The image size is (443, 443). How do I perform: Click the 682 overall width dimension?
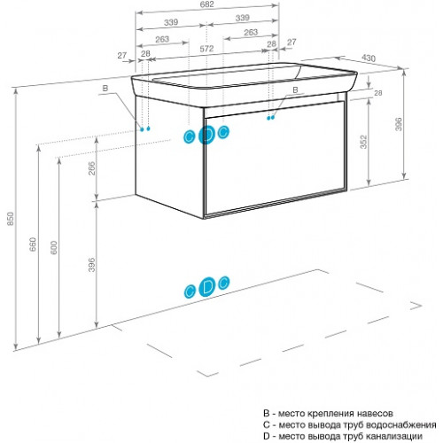[206, 4]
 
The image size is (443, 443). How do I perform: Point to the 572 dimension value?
[206, 49]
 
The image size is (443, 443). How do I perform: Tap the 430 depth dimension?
[369, 58]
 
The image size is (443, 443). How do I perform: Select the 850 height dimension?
[11, 219]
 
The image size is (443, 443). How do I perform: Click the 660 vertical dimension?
[33, 245]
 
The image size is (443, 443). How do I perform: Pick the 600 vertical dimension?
[53, 247]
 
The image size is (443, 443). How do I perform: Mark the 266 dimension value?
[92, 168]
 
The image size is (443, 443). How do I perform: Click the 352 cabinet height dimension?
[363, 142]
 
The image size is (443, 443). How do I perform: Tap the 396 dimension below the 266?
[92, 265]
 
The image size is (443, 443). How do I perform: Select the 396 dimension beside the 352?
[399, 124]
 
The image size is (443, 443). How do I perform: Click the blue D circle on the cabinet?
[206, 135]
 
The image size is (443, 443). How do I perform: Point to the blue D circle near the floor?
[206, 287]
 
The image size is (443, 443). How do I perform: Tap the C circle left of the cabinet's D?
[189, 136]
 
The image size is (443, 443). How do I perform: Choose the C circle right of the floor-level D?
[223, 283]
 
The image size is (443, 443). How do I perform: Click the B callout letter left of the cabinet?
[105, 88]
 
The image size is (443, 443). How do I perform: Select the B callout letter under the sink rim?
[295, 89]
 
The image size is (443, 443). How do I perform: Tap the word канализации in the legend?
[394, 436]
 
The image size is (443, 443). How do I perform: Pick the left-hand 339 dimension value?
[171, 22]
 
